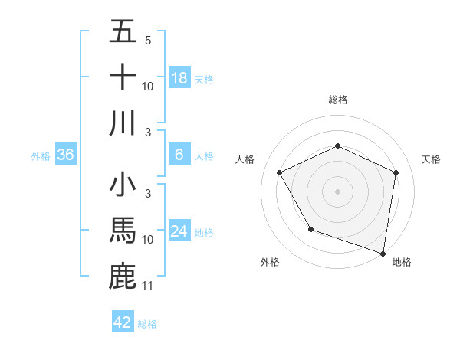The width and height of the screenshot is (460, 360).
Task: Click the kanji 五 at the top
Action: point(123,32)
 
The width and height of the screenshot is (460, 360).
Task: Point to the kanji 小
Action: point(123,185)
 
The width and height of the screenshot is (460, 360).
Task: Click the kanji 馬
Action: point(123,231)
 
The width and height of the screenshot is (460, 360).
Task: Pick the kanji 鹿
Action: point(123,276)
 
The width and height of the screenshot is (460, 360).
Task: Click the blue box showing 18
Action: point(179,77)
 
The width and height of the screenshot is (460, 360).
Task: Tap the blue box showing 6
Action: point(179,155)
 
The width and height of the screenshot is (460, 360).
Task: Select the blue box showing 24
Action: point(179,231)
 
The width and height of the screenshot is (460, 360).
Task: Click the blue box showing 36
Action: point(66,155)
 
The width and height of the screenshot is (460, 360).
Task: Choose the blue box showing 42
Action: point(123,322)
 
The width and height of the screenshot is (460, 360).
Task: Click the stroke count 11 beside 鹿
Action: point(148,286)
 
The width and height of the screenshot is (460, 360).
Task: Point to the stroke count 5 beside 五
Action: point(147,40)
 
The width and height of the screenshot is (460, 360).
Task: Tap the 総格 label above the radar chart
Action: point(338,100)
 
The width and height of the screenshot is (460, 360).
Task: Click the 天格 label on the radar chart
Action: point(432,159)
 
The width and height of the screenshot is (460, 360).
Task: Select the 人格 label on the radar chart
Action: point(245,159)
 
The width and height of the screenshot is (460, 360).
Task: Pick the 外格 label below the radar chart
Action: point(270,262)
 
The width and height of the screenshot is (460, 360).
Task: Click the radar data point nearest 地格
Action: point(383,253)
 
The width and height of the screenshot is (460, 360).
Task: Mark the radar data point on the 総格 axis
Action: point(338,146)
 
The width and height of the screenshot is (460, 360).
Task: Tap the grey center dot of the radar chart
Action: point(338,191)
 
